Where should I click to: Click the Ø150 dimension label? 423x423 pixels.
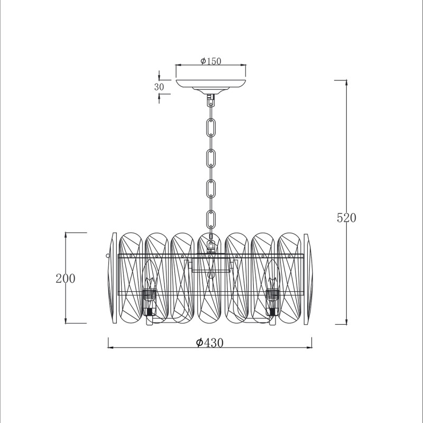(x=210, y=61)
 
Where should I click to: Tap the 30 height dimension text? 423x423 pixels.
(x=159, y=87)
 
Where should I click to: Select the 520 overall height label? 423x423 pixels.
(x=346, y=218)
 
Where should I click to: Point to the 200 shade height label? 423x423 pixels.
(x=66, y=279)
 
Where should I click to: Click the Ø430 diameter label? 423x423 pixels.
(x=209, y=343)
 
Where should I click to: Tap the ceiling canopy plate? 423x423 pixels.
(x=210, y=84)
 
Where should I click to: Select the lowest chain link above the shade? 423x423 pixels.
(x=211, y=219)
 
